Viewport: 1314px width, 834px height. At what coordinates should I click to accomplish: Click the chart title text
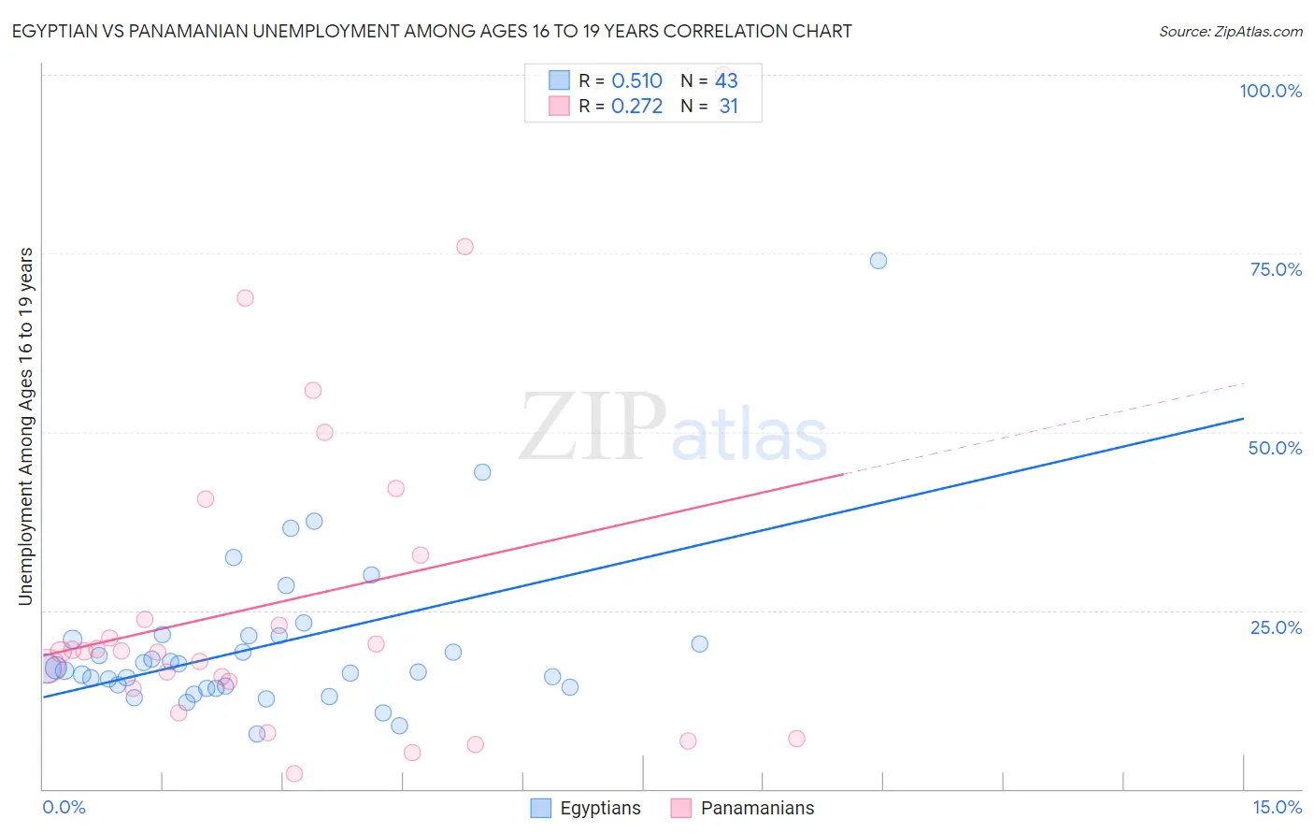coord(432,31)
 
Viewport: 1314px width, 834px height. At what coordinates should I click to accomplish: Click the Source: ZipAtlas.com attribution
coord(1230,31)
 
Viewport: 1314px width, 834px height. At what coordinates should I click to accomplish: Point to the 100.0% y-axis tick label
coord(1270,91)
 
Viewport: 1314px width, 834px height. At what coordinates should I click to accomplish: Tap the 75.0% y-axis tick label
coord(1276,269)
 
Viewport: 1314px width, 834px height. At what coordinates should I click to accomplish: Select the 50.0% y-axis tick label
coord(1275,448)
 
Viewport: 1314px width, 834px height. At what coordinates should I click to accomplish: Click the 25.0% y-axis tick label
coord(1276,626)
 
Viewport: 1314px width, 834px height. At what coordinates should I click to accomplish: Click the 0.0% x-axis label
coord(64,807)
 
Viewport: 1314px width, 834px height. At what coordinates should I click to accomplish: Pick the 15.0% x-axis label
coord(1277,807)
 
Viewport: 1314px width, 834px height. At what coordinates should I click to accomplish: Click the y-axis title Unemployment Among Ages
coord(26,426)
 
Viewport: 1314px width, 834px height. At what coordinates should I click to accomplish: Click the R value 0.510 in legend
coord(636,81)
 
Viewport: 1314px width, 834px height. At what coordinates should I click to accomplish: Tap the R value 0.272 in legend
coord(636,107)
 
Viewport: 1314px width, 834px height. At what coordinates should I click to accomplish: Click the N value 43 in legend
coord(726,81)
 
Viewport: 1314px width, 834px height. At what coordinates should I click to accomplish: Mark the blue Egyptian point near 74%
coord(878,261)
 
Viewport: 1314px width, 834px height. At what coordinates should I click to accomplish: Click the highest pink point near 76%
coord(464,247)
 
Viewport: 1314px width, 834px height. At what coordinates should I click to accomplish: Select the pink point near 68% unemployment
coord(245,298)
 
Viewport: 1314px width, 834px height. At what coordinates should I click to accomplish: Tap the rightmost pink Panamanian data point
coord(796,739)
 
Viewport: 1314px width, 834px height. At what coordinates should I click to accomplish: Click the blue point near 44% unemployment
coord(482,472)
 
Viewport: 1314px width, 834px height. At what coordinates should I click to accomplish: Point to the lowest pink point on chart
coord(294,773)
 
